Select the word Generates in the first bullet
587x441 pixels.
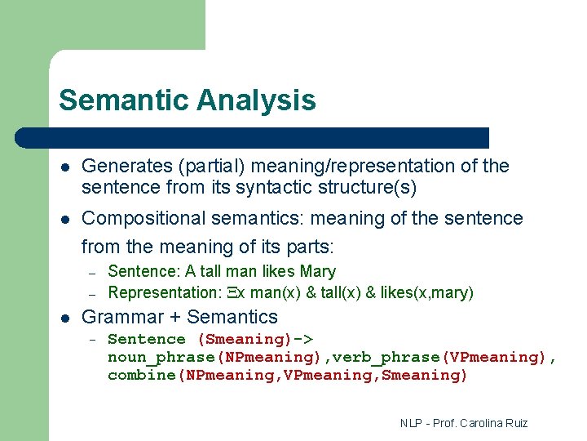[x=123, y=167]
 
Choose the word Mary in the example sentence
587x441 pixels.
[x=318, y=271]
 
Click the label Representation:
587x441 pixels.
[x=163, y=292]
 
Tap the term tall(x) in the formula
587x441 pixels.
[x=327, y=292]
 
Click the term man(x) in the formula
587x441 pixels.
[x=276, y=292]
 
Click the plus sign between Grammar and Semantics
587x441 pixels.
[x=172, y=318]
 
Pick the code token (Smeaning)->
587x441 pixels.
[x=256, y=339]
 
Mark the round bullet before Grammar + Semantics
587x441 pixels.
[x=64, y=318]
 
